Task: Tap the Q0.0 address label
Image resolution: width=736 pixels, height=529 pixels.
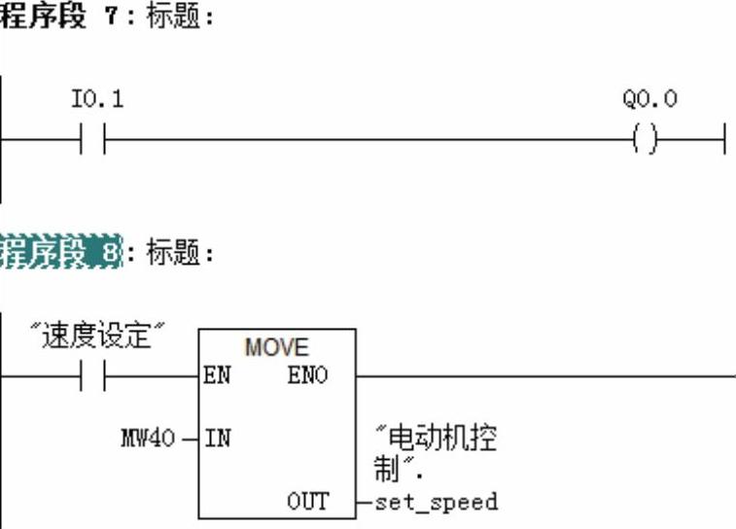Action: [649, 99]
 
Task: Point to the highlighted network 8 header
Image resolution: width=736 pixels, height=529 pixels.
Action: [60, 254]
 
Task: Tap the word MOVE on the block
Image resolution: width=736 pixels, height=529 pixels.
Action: [276, 348]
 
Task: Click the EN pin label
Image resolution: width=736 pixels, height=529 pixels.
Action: [217, 375]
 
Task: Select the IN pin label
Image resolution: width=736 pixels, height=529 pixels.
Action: [218, 439]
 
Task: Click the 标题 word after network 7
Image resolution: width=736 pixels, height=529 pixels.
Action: [171, 18]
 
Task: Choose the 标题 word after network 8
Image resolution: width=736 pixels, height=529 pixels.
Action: [171, 254]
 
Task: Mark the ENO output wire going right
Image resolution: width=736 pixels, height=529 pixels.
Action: [544, 375]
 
